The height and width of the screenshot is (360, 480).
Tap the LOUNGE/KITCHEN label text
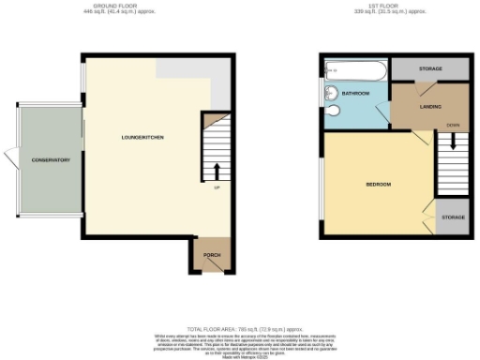point(142,139)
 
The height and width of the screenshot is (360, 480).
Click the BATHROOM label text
point(355,94)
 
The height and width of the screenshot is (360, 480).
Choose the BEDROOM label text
point(378,184)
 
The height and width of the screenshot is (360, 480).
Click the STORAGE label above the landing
point(430,68)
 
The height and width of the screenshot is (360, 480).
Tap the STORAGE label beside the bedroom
point(452,217)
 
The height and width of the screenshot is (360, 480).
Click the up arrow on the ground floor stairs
point(217,172)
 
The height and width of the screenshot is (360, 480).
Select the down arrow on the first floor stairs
point(453,142)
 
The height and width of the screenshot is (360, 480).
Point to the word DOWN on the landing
point(453,124)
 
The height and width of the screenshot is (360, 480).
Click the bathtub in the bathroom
point(355,69)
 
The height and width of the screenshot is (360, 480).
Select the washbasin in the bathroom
point(330,118)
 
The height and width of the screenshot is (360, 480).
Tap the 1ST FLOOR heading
point(366,7)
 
